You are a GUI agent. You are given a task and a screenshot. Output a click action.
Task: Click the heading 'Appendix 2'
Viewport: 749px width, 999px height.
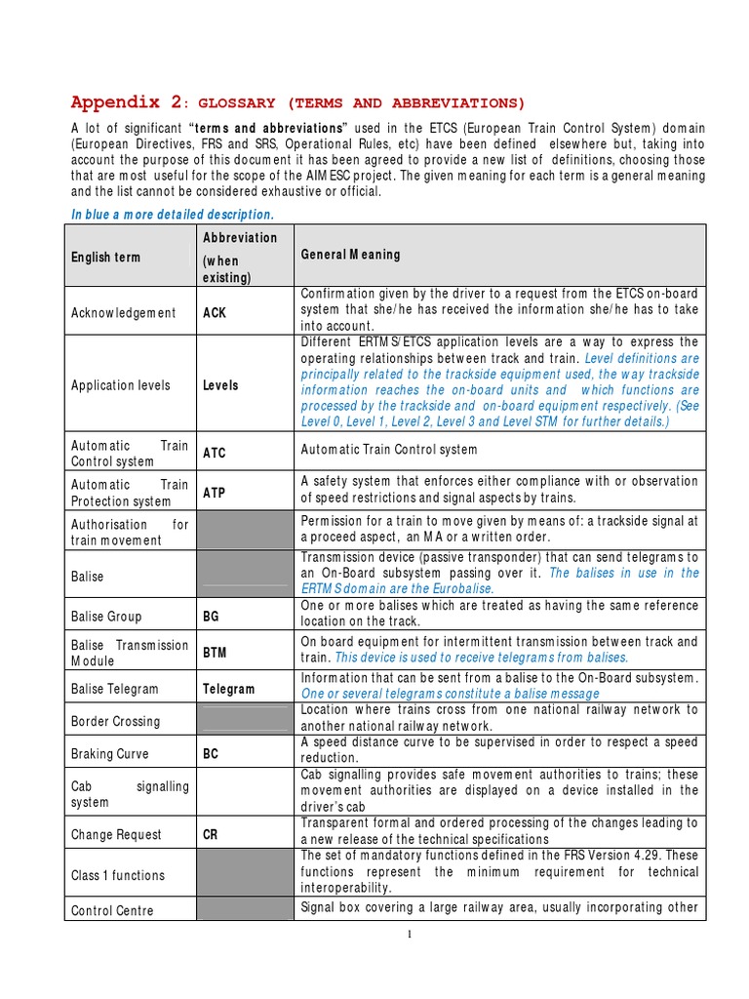click(127, 102)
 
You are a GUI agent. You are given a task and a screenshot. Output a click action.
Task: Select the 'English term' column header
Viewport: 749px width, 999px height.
click(105, 258)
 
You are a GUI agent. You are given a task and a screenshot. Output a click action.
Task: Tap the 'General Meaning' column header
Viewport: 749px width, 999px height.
click(350, 255)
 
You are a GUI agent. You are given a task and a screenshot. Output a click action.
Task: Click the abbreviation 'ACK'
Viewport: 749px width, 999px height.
click(216, 313)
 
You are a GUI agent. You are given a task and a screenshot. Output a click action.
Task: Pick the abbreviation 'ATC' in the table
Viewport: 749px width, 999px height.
click(214, 453)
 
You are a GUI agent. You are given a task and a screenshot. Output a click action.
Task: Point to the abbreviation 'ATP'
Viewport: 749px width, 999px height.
click(214, 493)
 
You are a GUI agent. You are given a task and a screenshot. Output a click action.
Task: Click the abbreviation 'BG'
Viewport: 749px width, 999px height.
click(212, 617)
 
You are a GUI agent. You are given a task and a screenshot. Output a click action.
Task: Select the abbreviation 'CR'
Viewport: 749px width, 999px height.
click(211, 835)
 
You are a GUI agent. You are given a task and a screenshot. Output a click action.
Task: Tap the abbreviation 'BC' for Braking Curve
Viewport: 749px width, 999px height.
click(212, 754)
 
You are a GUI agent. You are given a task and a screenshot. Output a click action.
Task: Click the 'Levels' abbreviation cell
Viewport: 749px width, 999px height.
click(220, 385)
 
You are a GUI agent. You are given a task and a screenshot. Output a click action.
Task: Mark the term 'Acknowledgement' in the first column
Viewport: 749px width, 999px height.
click(124, 313)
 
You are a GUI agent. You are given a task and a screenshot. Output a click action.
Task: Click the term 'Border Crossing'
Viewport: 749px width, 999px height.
click(115, 722)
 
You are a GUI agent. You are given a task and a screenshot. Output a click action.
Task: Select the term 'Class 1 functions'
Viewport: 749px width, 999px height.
click(118, 876)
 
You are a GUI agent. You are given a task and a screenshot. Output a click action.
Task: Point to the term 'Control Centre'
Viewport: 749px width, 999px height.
click(112, 911)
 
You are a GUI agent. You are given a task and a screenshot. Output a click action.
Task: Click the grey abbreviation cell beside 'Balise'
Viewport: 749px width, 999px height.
click(245, 577)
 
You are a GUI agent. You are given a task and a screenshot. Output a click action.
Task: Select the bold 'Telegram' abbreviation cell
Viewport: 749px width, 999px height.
click(228, 689)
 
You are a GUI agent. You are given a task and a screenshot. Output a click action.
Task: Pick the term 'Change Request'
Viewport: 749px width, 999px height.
click(116, 835)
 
